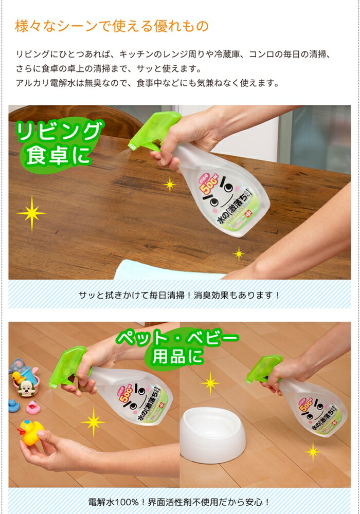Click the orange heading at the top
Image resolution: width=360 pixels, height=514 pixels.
pyautogui.click(x=111, y=26)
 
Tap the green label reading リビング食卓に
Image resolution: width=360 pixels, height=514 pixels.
pyautogui.click(x=58, y=144)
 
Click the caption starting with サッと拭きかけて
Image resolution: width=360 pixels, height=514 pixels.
pyautogui.click(x=179, y=296)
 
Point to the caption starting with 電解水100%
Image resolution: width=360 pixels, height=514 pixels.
pyautogui.click(x=179, y=502)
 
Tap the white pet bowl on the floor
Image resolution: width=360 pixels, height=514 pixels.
pyautogui.click(x=212, y=434)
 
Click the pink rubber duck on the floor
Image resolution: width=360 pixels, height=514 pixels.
pyautogui.click(x=34, y=407)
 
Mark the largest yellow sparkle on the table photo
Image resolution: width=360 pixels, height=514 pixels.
pyautogui.click(x=31, y=213)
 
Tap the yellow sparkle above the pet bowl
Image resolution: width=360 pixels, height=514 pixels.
pyautogui.click(x=210, y=383)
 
